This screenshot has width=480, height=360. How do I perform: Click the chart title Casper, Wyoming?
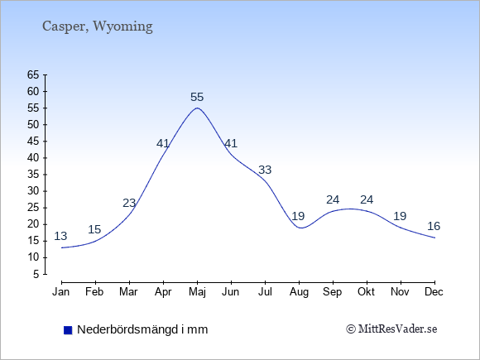click(x=98, y=26)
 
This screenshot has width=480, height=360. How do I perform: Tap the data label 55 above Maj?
click(x=197, y=98)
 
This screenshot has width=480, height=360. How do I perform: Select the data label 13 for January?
click(x=60, y=236)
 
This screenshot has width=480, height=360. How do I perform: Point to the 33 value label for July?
click(x=265, y=170)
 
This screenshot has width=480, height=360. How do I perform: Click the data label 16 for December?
click(x=434, y=226)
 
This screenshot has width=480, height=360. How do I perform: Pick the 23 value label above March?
click(x=129, y=203)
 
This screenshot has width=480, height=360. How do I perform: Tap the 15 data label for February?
click(x=94, y=229)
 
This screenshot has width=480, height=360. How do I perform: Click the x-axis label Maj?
click(x=197, y=292)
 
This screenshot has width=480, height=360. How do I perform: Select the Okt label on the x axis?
click(x=366, y=292)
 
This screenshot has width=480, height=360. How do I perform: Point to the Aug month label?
click(x=299, y=292)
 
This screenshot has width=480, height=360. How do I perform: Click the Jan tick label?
click(x=61, y=292)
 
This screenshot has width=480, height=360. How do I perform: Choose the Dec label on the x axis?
click(x=434, y=292)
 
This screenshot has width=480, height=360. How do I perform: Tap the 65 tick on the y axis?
click(x=33, y=74)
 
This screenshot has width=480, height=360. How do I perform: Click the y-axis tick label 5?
click(x=36, y=274)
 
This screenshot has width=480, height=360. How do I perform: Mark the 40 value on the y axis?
click(x=33, y=158)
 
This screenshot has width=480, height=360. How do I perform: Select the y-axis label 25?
click(x=33, y=208)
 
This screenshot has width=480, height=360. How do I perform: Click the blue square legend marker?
click(x=68, y=330)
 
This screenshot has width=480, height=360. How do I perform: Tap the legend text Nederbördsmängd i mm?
click(x=142, y=329)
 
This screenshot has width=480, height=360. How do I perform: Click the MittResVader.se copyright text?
click(x=391, y=329)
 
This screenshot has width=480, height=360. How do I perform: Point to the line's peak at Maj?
click(x=197, y=108)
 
